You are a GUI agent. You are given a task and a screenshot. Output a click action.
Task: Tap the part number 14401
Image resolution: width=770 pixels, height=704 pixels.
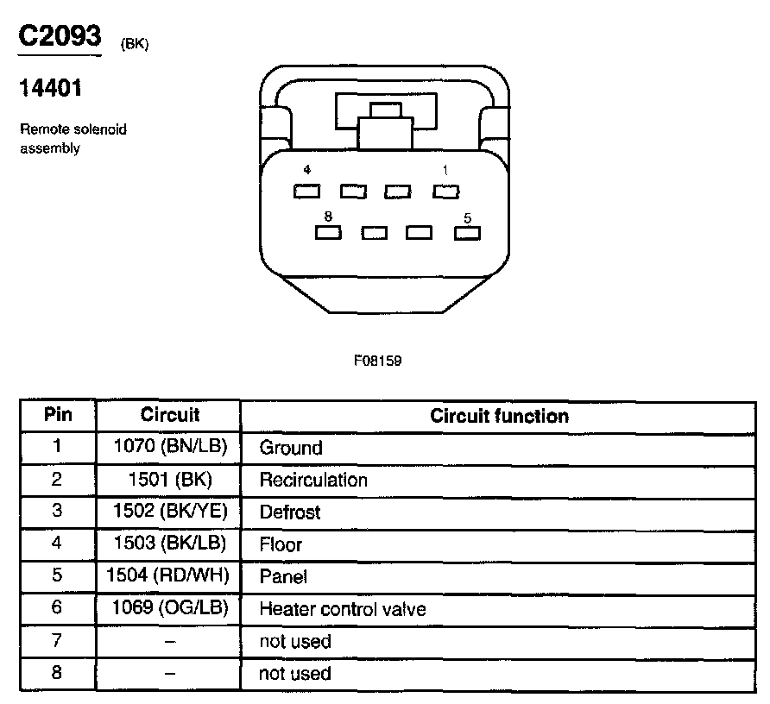click(x=51, y=89)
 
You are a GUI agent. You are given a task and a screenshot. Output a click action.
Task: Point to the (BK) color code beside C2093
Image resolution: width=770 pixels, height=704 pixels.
click(x=136, y=45)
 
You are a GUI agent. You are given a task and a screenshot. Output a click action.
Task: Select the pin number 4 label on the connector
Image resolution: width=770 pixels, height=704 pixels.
click(x=307, y=171)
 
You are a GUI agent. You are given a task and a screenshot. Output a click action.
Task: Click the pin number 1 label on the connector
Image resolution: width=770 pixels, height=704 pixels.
click(x=445, y=171)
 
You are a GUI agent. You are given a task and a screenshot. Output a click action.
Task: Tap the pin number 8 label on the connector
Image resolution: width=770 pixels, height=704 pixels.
click(x=328, y=217)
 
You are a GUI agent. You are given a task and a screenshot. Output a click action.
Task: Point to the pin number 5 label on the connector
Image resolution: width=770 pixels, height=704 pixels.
click(x=467, y=218)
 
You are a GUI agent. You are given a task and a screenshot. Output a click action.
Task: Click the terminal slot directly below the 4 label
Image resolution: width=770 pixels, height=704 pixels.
click(x=307, y=191)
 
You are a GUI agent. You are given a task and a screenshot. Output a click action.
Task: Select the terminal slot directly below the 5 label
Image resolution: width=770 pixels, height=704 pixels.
click(x=467, y=232)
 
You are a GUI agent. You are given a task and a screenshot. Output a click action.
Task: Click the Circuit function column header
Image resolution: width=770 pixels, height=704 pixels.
click(x=499, y=416)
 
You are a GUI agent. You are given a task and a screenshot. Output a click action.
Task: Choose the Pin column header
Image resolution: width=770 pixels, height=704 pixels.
click(x=58, y=415)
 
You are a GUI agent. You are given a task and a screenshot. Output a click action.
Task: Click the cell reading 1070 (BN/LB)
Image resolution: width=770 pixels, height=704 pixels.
click(x=169, y=447)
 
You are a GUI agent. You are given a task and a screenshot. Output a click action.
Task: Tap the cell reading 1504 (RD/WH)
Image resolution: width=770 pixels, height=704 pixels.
click(x=169, y=576)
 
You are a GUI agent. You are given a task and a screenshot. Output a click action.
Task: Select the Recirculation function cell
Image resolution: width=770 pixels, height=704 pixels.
click(x=313, y=480)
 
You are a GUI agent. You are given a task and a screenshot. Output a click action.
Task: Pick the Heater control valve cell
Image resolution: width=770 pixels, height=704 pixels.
click(x=343, y=609)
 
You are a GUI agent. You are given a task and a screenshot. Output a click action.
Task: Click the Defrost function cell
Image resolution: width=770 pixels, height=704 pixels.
click(x=290, y=512)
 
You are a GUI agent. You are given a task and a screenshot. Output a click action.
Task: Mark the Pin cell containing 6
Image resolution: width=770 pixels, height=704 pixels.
click(x=58, y=607)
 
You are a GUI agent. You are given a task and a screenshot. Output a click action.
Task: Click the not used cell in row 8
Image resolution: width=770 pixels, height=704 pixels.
click(x=295, y=673)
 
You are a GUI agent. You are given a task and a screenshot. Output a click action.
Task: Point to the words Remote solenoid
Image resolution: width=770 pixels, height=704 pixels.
click(x=73, y=130)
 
